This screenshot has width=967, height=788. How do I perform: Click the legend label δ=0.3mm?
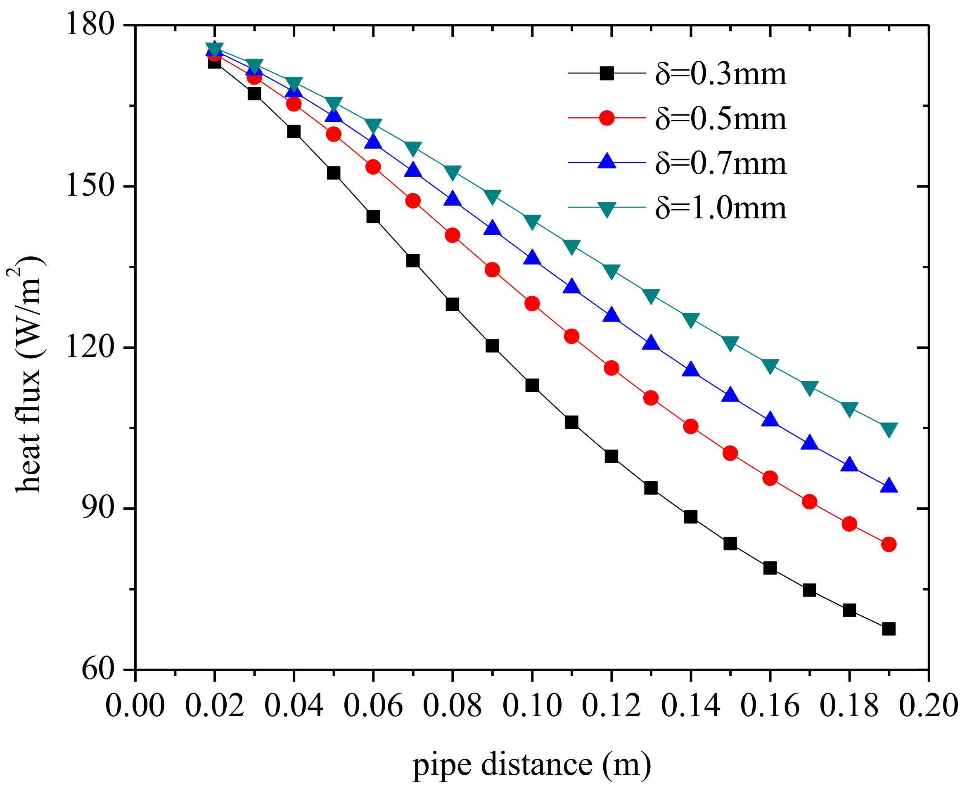tap(720, 74)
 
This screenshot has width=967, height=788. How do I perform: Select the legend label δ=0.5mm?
tap(720, 119)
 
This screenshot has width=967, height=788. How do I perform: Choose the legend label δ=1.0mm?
tap(720, 208)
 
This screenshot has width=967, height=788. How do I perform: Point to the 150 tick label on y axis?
tap(89, 186)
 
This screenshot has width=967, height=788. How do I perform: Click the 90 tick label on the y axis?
tap(97, 508)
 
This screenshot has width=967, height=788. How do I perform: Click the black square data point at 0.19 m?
tap(889, 629)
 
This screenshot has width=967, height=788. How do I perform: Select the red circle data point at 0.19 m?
tap(889, 544)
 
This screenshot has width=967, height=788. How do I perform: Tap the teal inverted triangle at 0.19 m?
tap(889, 428)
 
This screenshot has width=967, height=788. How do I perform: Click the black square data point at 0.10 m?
tap(532, 386)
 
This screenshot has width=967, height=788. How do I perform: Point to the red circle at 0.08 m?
tap(452, 235)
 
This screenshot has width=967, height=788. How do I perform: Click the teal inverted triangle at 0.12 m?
tap(611, 270)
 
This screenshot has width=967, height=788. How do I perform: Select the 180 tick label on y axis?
tap(89, 24)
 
